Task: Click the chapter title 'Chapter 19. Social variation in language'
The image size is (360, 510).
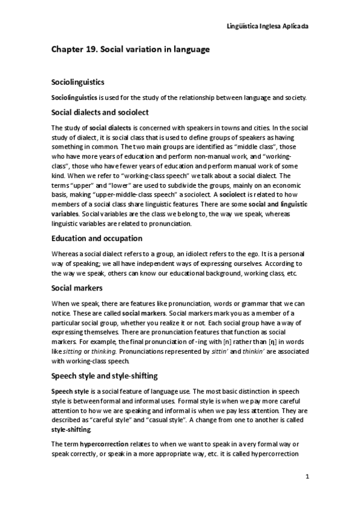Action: pos(130,50)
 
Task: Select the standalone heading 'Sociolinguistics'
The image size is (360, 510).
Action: pos(78,81)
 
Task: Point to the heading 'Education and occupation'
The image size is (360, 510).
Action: pos(96,238)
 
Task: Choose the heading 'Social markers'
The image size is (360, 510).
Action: pos(76,287)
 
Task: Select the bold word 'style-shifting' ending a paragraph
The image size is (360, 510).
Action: pos(72,430)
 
